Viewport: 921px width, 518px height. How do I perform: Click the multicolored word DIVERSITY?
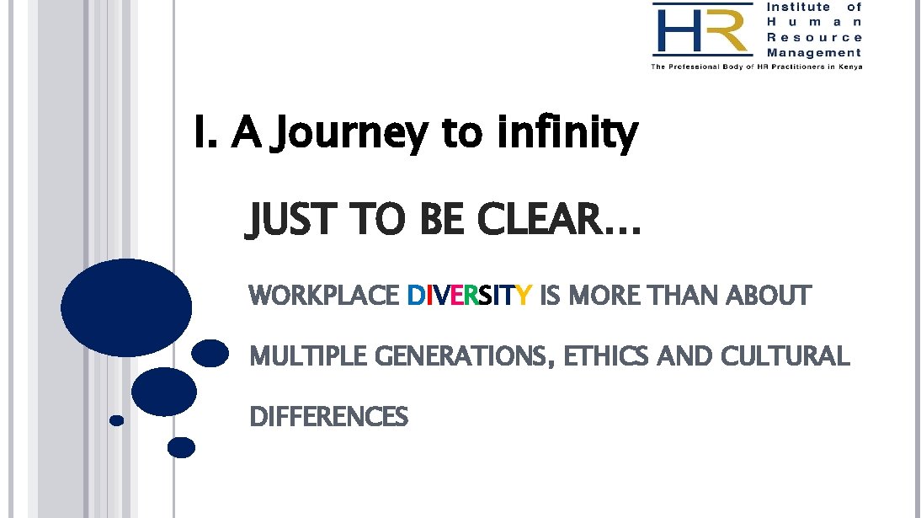click(469, 296)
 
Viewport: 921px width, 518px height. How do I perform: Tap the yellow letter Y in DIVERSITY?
click(524, 296)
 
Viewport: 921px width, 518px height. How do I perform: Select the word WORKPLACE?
click(324, 296)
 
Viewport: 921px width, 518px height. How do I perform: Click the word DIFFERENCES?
click(329, 417)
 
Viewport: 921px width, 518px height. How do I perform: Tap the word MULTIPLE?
click(308, 357)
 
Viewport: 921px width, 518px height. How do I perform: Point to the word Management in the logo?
click(814, 52)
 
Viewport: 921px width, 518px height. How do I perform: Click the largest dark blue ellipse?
click(126, 307)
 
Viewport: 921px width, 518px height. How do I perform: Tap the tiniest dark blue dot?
click(117, 419)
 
